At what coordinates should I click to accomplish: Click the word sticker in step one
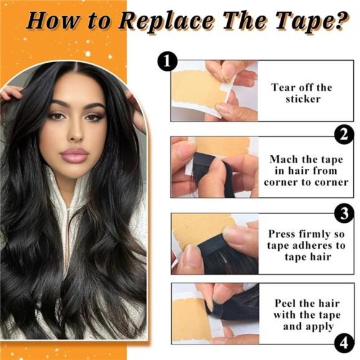coord(302,99)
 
